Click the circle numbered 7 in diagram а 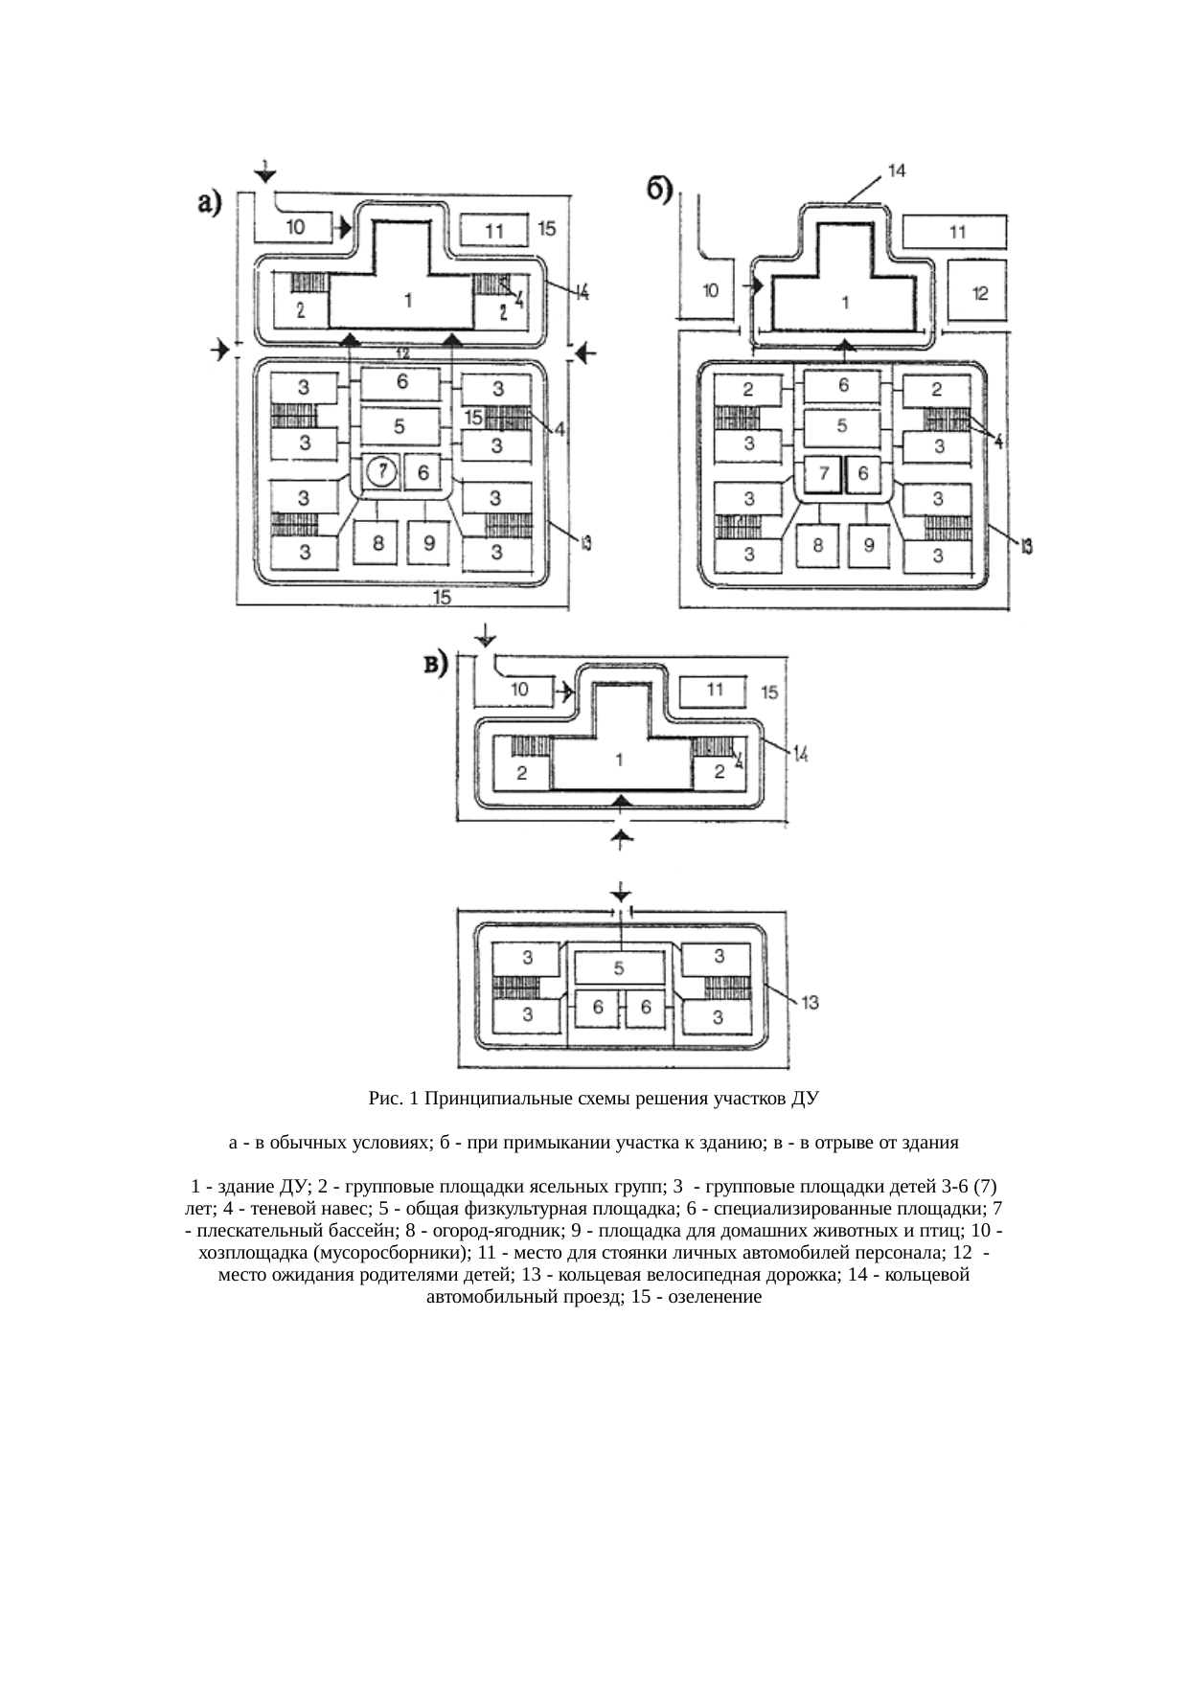382,470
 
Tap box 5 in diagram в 619,967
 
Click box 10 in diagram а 297,228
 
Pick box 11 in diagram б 955,231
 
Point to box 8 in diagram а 378,543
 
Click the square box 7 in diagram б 822,474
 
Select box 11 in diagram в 714,690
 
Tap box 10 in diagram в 518,690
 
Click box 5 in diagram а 400,426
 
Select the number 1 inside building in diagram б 844,303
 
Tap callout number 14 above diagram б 897,170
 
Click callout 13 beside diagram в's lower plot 810,1002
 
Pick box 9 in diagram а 430,543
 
